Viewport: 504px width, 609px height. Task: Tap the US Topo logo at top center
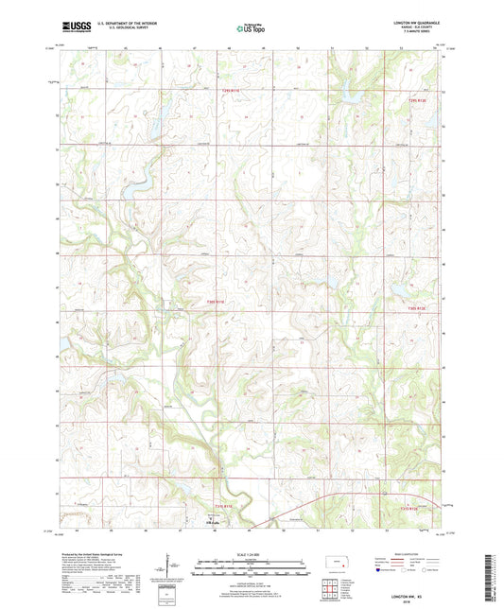point(252,29)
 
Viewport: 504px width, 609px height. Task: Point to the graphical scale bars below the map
point(252,569)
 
